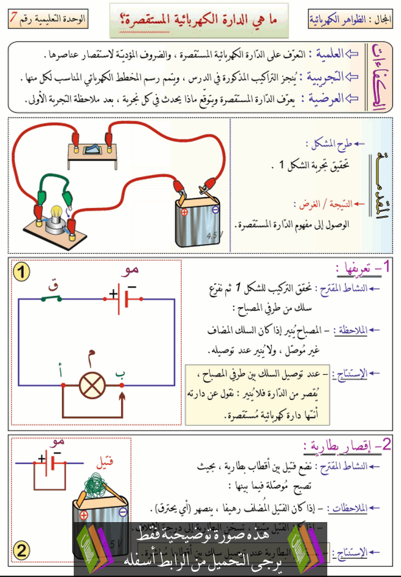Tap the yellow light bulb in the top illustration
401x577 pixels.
pyautogui.click(x=57, y=211)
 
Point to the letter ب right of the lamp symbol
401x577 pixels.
pyautogui.click(x=119, y=372)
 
